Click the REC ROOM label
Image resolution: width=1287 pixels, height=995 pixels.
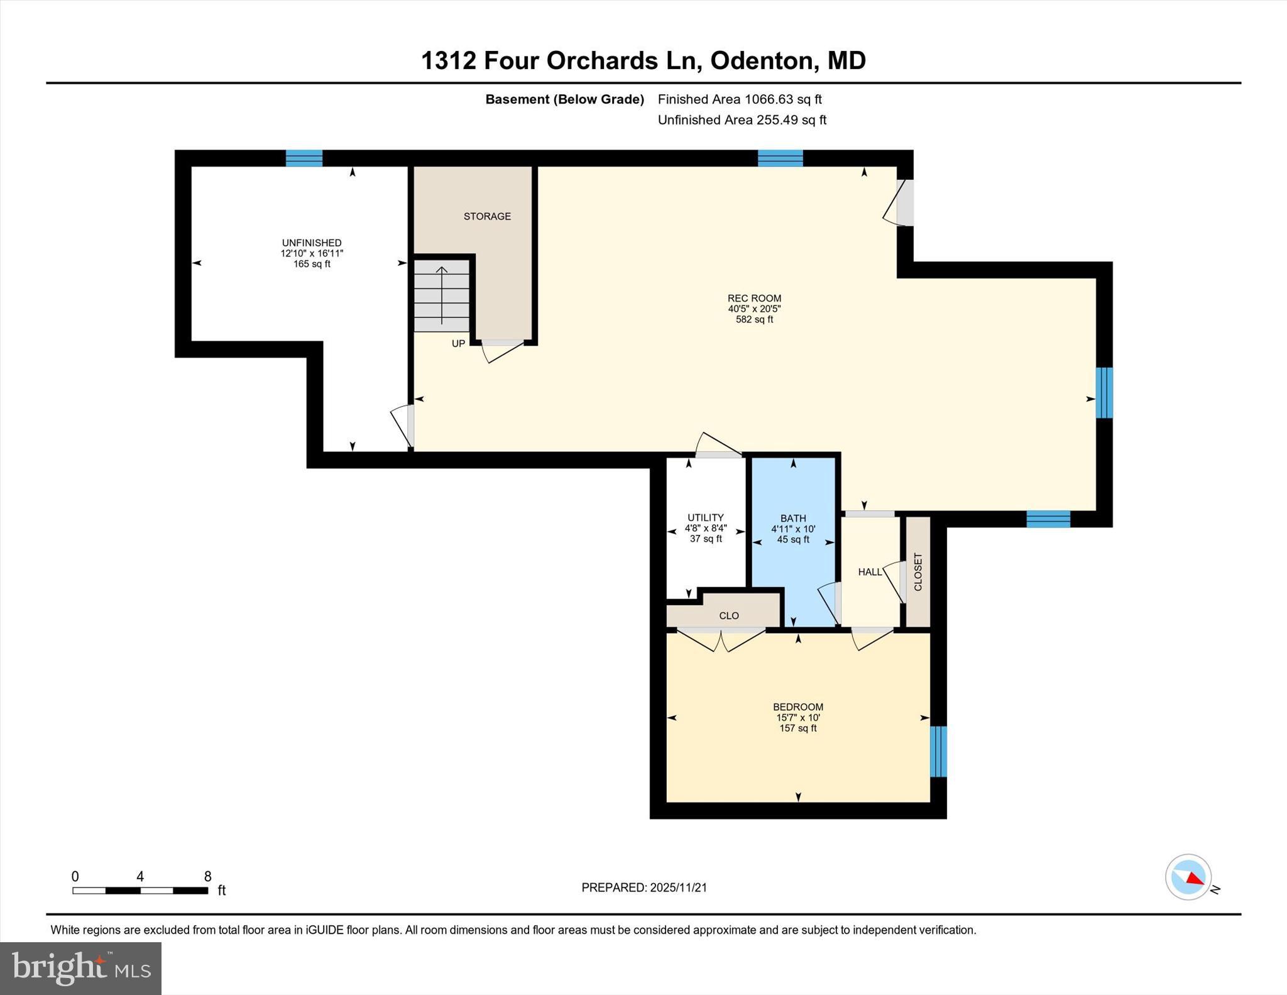pos(754,299)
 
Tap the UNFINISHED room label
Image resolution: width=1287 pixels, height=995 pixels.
pos(312,243)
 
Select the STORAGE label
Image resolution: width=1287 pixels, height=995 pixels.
pos(487,216)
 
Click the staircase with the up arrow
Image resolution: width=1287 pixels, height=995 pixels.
pos(441,295)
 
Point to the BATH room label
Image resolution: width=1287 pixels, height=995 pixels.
pos(793,519)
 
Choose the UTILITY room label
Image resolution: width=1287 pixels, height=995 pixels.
pos(705,518)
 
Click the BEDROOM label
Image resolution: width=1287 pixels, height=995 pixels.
pos(797,707)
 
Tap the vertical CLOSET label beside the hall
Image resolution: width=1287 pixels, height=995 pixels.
pos(917,572)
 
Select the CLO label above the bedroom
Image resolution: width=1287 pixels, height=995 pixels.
pos(729,616)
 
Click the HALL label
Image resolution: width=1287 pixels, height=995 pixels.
pos(870,572)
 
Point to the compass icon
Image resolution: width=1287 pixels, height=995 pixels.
pos(1188,877)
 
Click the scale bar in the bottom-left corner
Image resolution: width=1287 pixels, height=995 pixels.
pos(140,890)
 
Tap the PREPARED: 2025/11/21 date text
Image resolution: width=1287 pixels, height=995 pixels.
pos(644,888)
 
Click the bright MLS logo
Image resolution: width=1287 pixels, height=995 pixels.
pos(80,968)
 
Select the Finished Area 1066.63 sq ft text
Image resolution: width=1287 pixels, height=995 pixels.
pos(740,99)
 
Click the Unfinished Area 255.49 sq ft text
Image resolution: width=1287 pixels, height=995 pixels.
pos(742,120)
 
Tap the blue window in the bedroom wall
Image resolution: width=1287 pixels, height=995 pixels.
pos(938,751)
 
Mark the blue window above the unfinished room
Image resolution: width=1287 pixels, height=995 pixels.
pos(304,158)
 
